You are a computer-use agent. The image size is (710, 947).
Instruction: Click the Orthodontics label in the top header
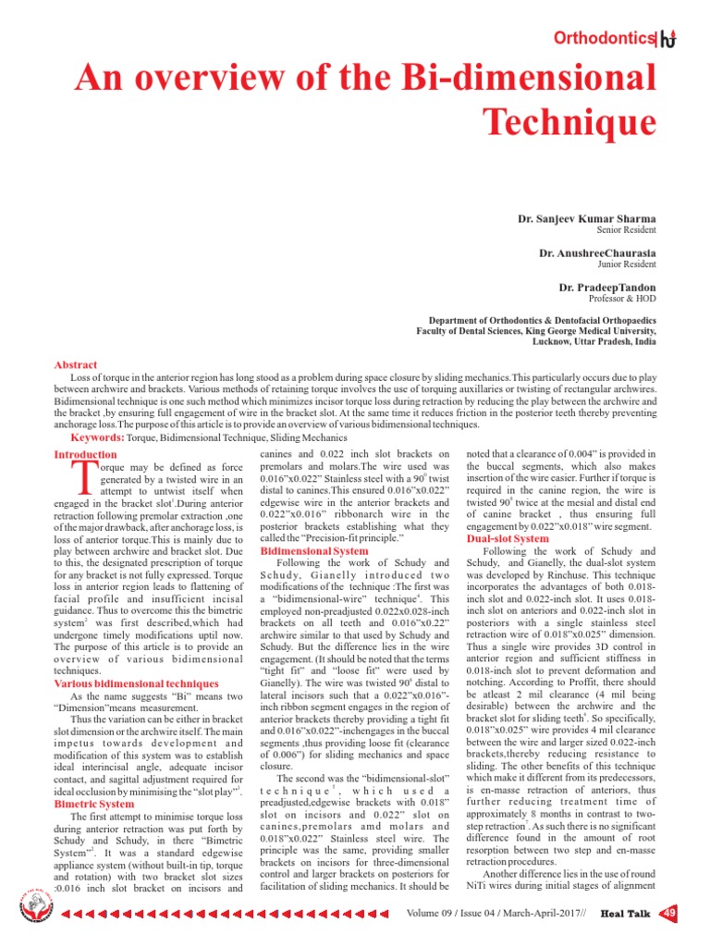pos(601,39)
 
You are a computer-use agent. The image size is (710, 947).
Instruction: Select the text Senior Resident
pos(627,229)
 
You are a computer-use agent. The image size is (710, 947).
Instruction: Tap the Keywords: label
pos(99,437)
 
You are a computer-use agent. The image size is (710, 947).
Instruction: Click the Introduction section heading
pos(85,454)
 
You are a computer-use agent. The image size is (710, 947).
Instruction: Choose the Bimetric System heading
pos(93,805)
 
